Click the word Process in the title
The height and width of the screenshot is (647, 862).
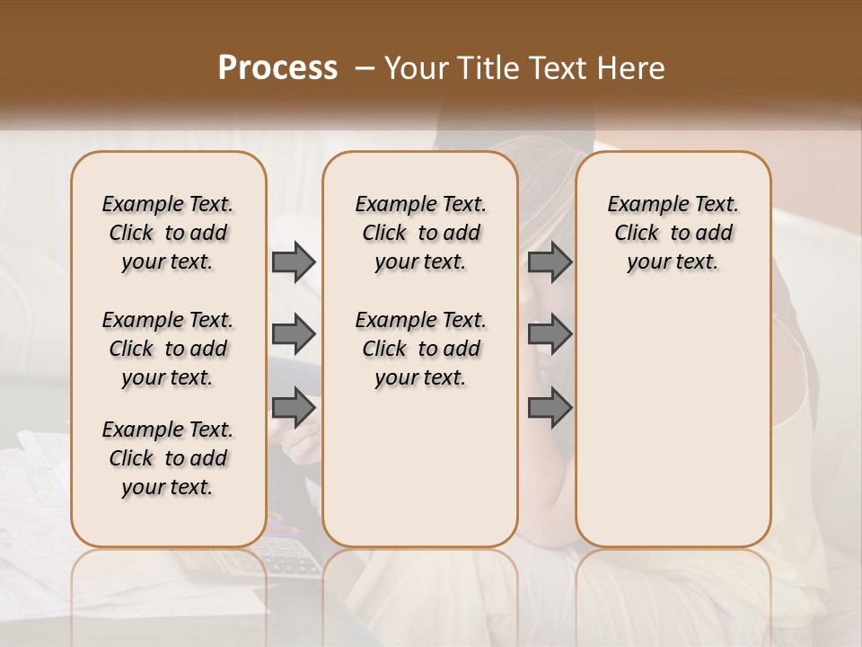click(x=277, y=67)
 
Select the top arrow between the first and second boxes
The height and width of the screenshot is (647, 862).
click(x=294, y=261)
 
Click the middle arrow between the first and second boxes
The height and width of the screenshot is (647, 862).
click(x=294, y=334)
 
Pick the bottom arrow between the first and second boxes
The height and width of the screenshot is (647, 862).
click(x=294, y=407)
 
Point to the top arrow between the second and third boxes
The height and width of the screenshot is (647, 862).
click(x=550, y=261)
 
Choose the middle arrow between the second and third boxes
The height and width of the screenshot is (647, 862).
click(x=550, y=334)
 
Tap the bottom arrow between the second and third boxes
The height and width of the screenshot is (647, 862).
click(x=550, y=407)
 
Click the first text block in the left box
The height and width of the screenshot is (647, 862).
click(x=168, y=233)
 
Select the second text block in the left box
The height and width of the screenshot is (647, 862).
click(x=168, y=349)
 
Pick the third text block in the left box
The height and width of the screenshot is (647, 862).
click(x=168, y=458)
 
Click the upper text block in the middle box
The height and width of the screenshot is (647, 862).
click(x=420, y=233)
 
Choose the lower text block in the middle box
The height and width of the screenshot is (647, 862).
click(x=420, y=349)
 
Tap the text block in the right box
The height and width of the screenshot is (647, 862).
click(x=673, y=233)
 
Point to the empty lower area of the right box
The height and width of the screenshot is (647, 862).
click(x=673, y=422)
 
